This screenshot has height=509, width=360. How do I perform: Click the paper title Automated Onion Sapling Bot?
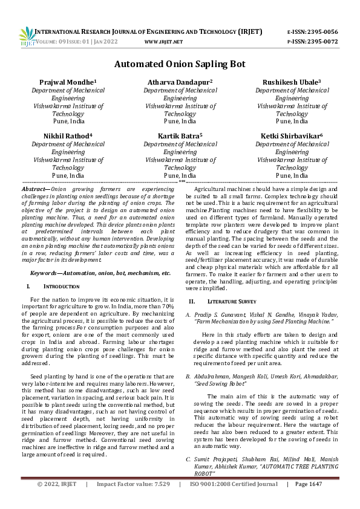pyautogui.click(x=180, y=63)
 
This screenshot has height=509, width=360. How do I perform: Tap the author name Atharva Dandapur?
pyautogui.click(x=180, y=82)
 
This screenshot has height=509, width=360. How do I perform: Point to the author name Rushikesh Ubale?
pyautogui.click(x=291, y=82)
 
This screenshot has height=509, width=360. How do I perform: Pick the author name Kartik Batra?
pyautogui.click(x=180, y=136)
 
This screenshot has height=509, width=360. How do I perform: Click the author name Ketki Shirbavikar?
pyautogui.click(x=291, y=136)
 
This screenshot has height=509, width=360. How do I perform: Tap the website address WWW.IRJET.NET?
pyautogui.click(x=164, y=42)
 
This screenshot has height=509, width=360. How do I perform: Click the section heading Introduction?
pyautogui.click(x=59, y=285)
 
